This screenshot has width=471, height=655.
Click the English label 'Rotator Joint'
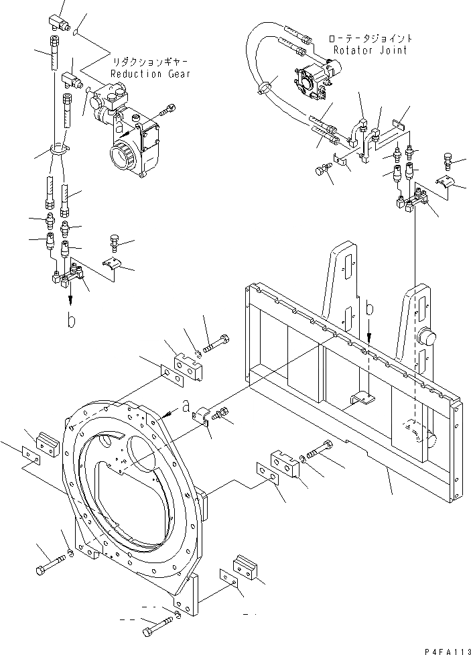[x=370, y=50]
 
